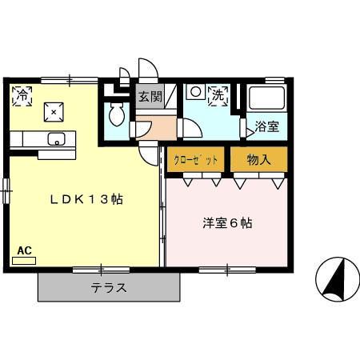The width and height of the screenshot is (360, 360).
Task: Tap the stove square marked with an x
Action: click(x=54, y=112)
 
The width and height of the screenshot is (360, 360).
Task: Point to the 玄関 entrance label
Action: click(x=150, y=98)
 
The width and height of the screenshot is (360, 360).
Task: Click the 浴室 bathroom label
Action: click(x=266, y=126)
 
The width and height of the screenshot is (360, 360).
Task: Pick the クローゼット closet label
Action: click(x=196, y=160)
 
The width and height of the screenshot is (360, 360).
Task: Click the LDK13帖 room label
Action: click(x=87, y=199)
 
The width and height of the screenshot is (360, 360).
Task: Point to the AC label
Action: click(x=24, y=250)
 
